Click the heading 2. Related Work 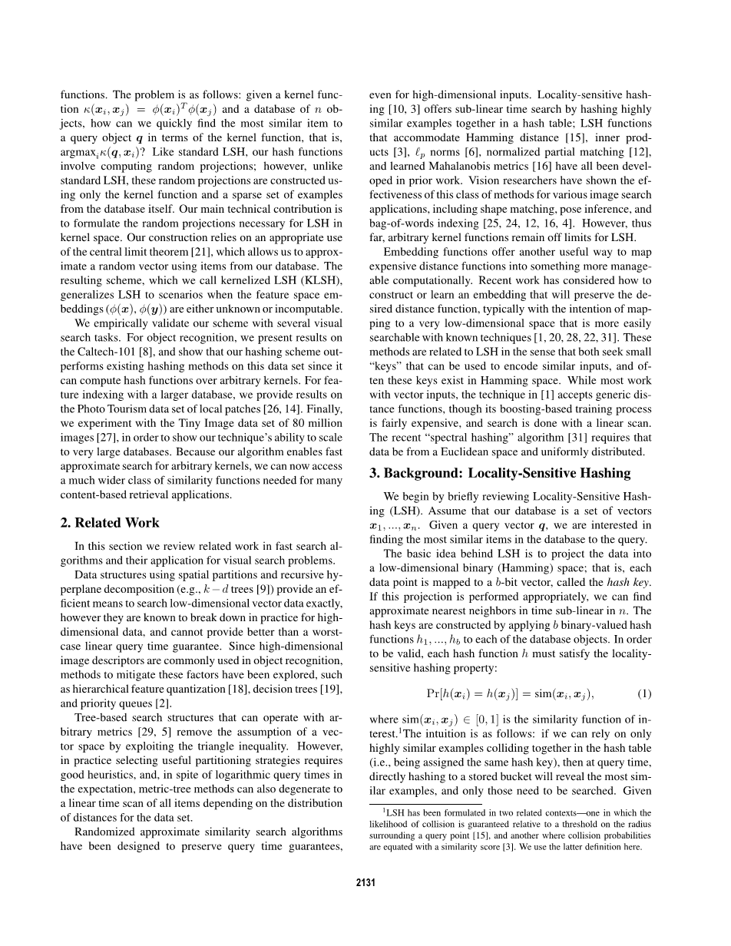(110, 523)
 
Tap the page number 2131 (365, 883)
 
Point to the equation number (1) (644, 693)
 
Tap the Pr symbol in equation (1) (432, 693)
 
